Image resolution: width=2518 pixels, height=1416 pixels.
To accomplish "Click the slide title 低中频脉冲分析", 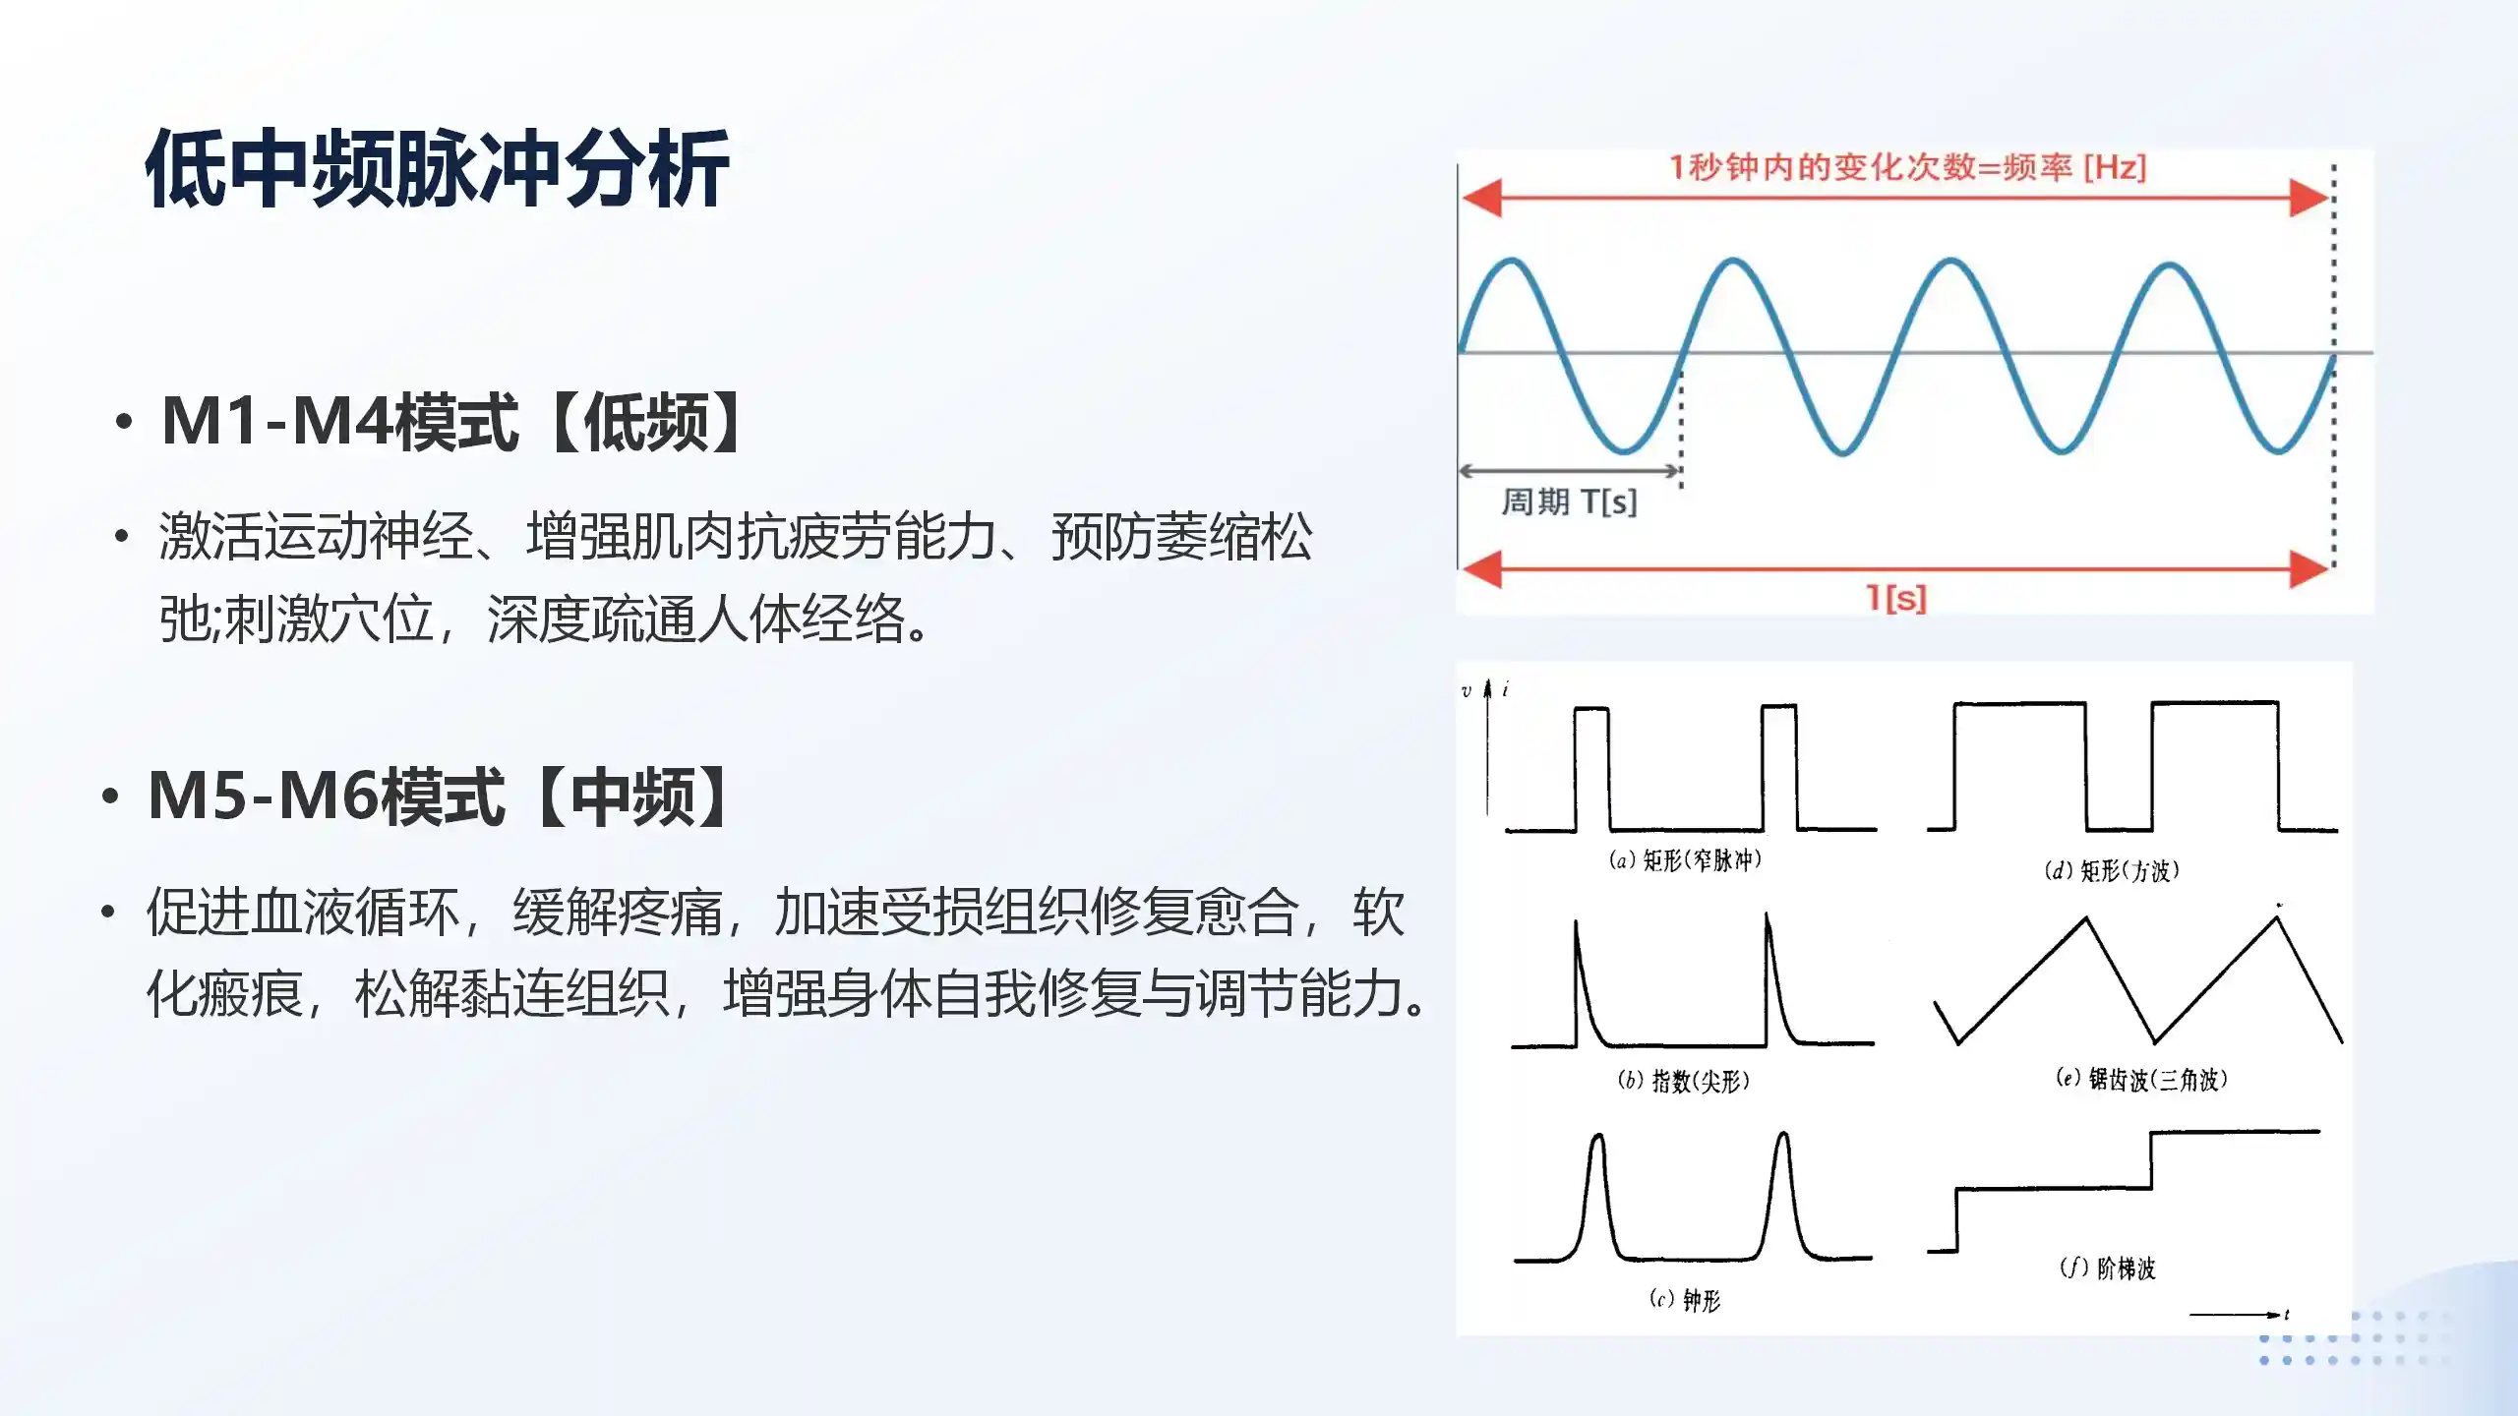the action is tap(438, 169).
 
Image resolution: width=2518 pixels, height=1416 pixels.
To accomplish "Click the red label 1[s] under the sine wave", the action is tap(1896, 597).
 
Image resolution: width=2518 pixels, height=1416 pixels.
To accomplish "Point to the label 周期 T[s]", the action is tap(1570, 502).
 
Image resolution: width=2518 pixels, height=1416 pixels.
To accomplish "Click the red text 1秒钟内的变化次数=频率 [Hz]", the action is tap(1907, 168).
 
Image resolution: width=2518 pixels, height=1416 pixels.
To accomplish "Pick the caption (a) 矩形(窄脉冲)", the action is tap(1685, 860).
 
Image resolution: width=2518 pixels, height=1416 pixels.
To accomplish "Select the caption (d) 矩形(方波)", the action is tap(2112, 870).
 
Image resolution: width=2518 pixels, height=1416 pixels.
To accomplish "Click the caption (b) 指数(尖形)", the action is tap(1683, 1081).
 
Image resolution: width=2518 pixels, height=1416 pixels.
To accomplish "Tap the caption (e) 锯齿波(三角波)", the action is tap(2141, 1079).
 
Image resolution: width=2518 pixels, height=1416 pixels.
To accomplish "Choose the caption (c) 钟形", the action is tap(1685, 1300).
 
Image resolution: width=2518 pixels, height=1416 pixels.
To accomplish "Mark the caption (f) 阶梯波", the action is tap(2108, 1268).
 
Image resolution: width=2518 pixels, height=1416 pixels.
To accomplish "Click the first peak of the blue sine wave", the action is tap(1512, 260).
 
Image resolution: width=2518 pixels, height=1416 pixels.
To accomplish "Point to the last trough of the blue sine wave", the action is tap(2279, 450).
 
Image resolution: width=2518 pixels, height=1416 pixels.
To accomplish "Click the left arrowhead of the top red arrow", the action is tap(1481, 198).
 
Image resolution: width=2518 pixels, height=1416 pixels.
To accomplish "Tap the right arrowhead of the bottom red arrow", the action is tap(2309, 569).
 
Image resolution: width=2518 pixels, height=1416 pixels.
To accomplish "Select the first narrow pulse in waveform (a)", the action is tap(1591, 768).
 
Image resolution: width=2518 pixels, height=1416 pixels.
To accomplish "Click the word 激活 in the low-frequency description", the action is tap(210, 537).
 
